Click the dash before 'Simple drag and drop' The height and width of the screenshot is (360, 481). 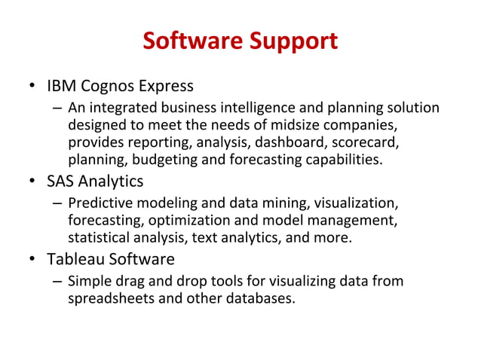tap(57, 282)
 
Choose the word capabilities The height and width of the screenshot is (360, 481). tap(344, 160)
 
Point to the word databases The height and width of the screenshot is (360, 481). tap(257, 299)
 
